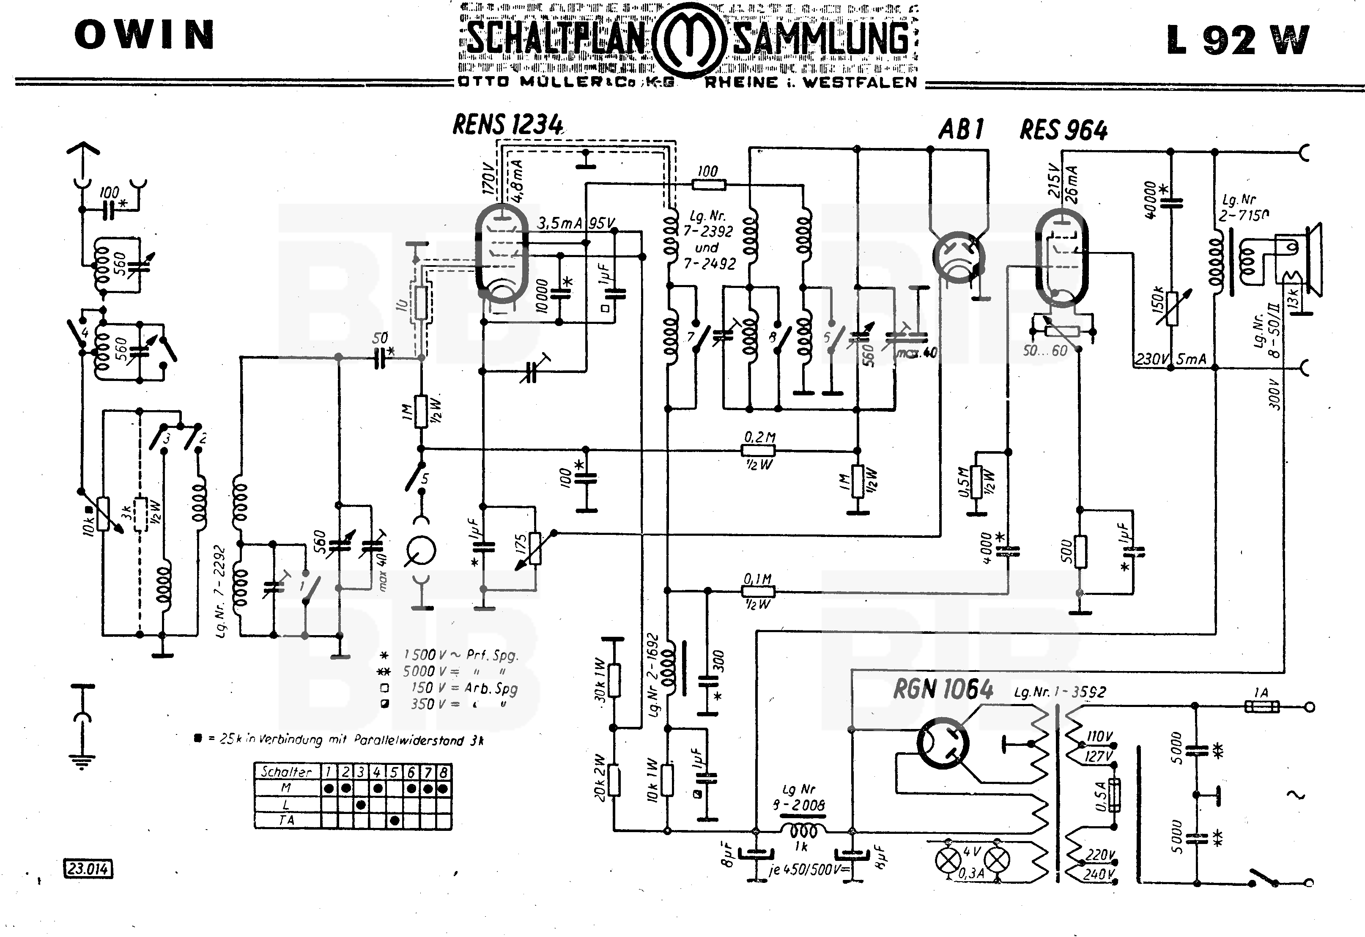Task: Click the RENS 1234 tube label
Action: tap(507, 125)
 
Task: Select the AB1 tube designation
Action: tap(961, 129)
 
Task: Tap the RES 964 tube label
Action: tap(1063, 130)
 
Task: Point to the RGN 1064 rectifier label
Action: tap(943, 688)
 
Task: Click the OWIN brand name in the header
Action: tap(145, 35)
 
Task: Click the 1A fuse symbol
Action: tap(1262, 707)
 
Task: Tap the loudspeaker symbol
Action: tap(1301, 258)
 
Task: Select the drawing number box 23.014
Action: tap(88, 868)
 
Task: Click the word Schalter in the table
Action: tap(287, 771)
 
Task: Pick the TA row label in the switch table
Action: tap(287, 819)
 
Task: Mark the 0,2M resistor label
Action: tap(759, 437)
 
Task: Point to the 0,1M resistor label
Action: tap(758, 579)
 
